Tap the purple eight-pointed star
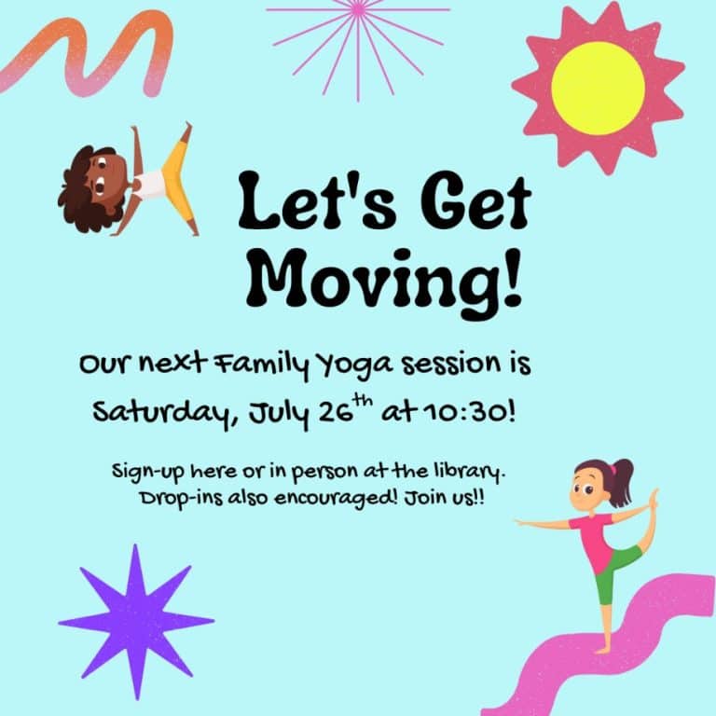(x=136, y=621)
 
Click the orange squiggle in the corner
(x=89, y=54)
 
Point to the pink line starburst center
(x=358, y=10)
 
